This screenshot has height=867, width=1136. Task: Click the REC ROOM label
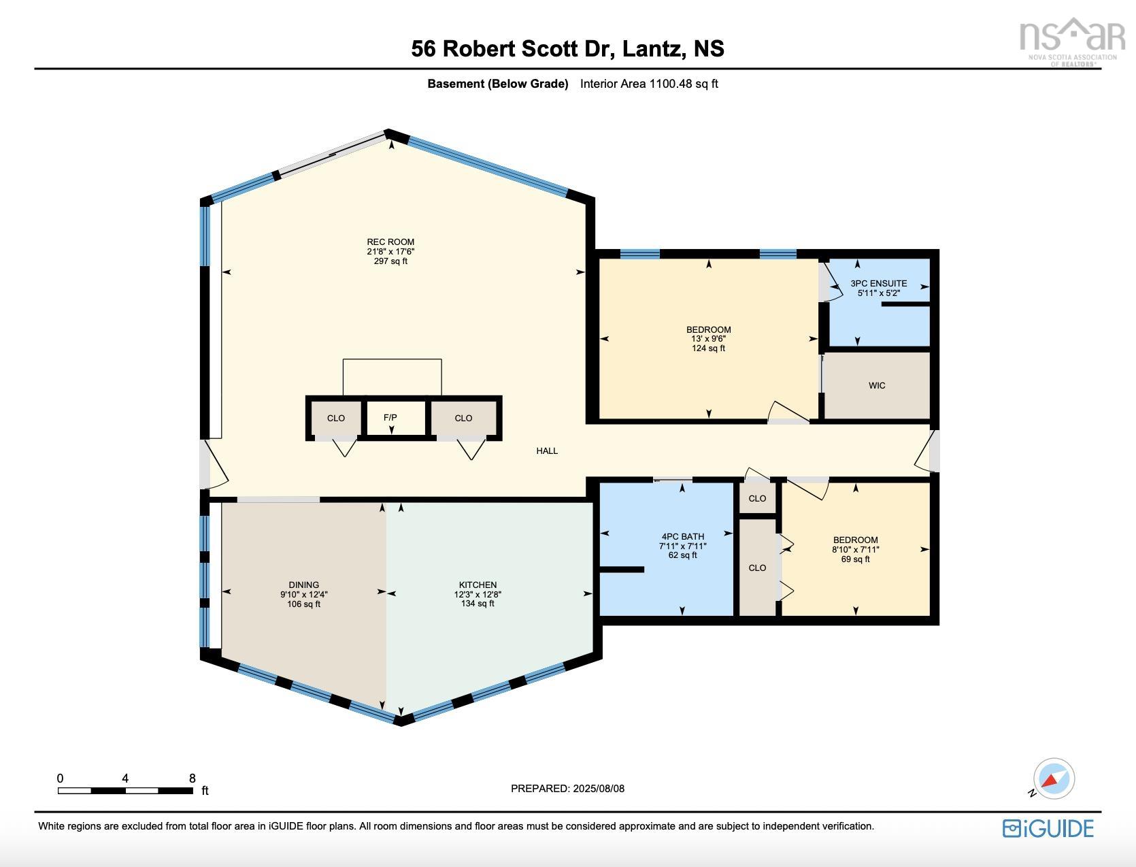click(390, 242)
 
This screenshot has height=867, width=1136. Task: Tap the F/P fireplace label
click(390, 418)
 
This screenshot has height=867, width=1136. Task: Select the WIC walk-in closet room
click(877, 385)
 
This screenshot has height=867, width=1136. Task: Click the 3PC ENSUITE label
click(878, 283)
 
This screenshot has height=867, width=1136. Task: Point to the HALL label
click(547, 451)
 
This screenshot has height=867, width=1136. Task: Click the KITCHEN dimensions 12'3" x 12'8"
click(478, 594)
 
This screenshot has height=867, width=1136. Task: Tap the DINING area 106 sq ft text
click(303, 604)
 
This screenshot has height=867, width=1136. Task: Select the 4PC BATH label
click(682, 536)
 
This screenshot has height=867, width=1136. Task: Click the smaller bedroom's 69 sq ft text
click(855, 559)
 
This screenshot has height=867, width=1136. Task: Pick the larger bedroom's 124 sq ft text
click(708, 348)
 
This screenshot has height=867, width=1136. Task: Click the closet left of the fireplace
click(335, 418)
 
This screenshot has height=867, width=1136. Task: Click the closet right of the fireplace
click(463, 418)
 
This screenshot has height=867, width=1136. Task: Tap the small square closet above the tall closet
click(757, 498)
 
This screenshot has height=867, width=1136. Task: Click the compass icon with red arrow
click(1053, 779)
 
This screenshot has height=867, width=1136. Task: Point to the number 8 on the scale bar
click(193, 779)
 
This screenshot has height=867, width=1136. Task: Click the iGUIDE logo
click(1048, 828)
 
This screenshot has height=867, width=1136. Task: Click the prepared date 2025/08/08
click(599, 789)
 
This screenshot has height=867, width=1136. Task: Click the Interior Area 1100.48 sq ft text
click(649, 84)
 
